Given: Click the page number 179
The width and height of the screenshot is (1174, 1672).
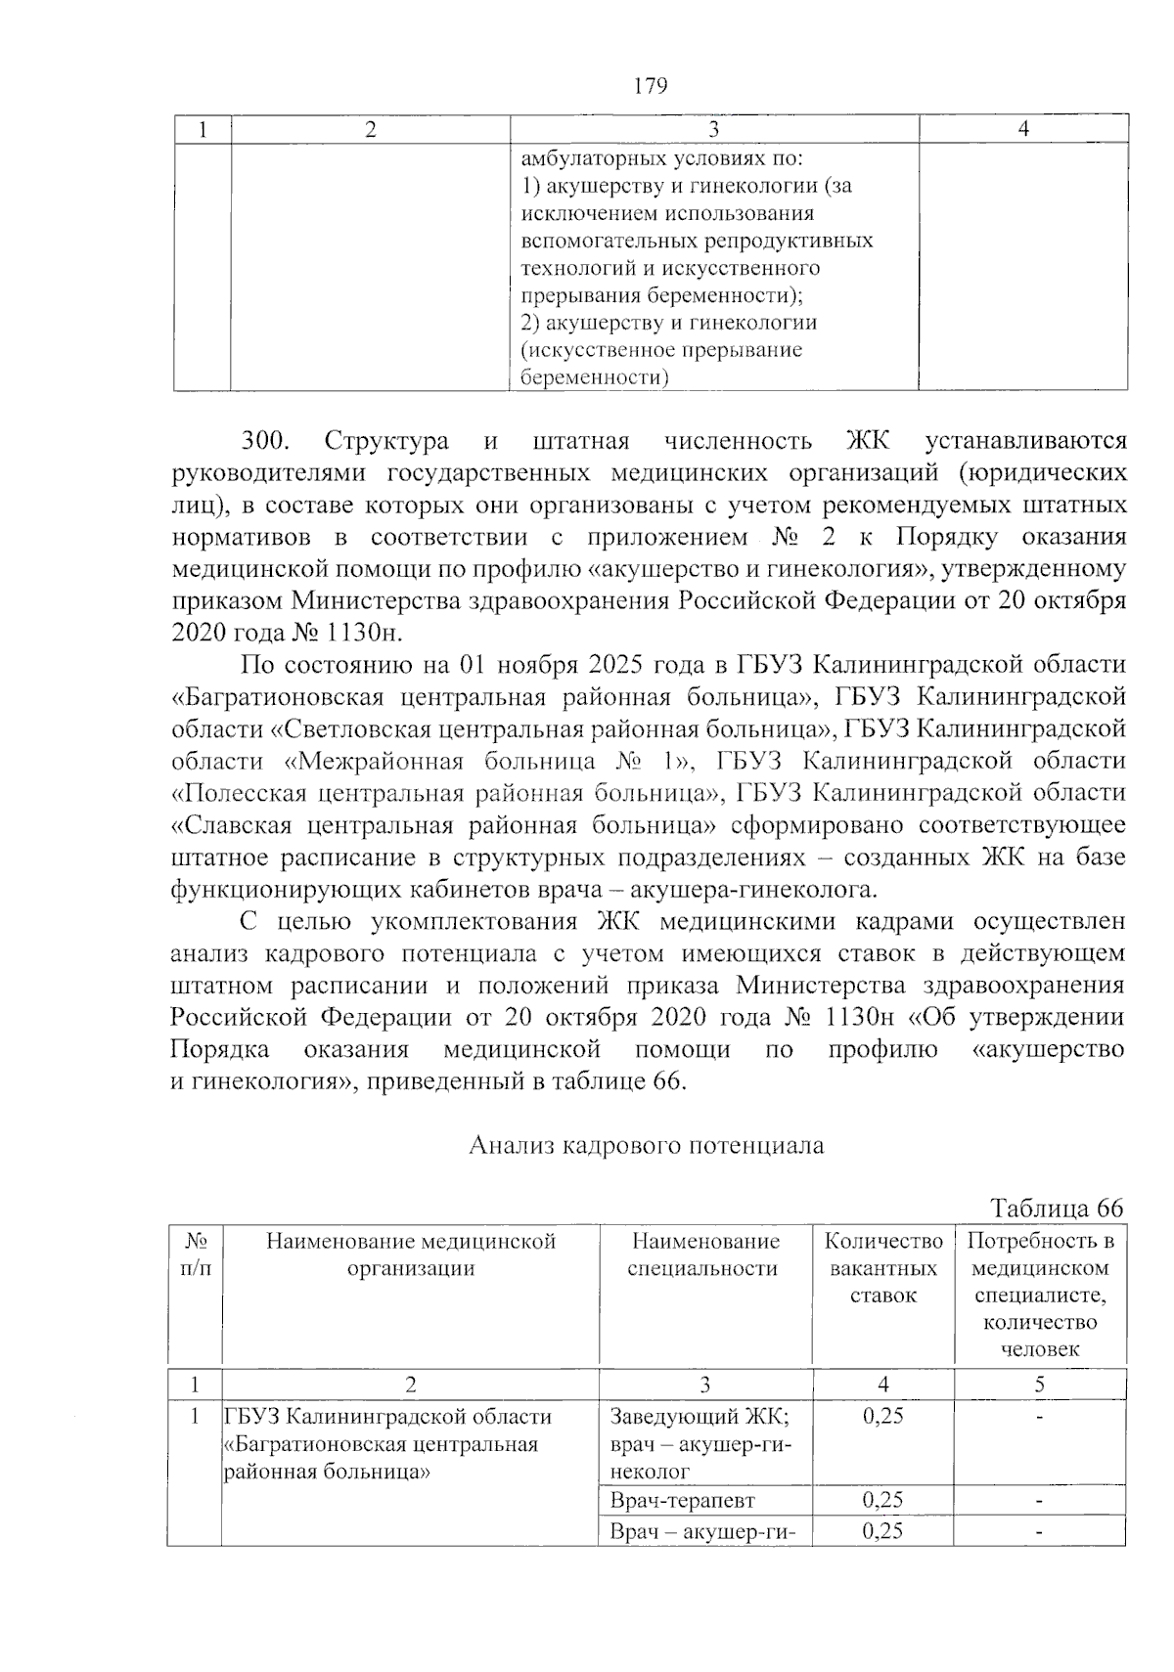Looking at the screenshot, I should coord(650,86).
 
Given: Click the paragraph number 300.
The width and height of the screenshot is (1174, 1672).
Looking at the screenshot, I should coord(264,441).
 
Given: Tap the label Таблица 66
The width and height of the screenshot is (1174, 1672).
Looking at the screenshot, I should coord(1057,1208).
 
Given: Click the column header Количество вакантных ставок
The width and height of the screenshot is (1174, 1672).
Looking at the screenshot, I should coord(883,1268).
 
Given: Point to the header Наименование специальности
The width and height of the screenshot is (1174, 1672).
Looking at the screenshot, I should coord(704,1254).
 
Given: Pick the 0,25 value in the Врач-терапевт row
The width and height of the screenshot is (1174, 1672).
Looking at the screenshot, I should coord(882,1500).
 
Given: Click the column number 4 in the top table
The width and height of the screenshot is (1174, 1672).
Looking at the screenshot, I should coord(1023,129).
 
